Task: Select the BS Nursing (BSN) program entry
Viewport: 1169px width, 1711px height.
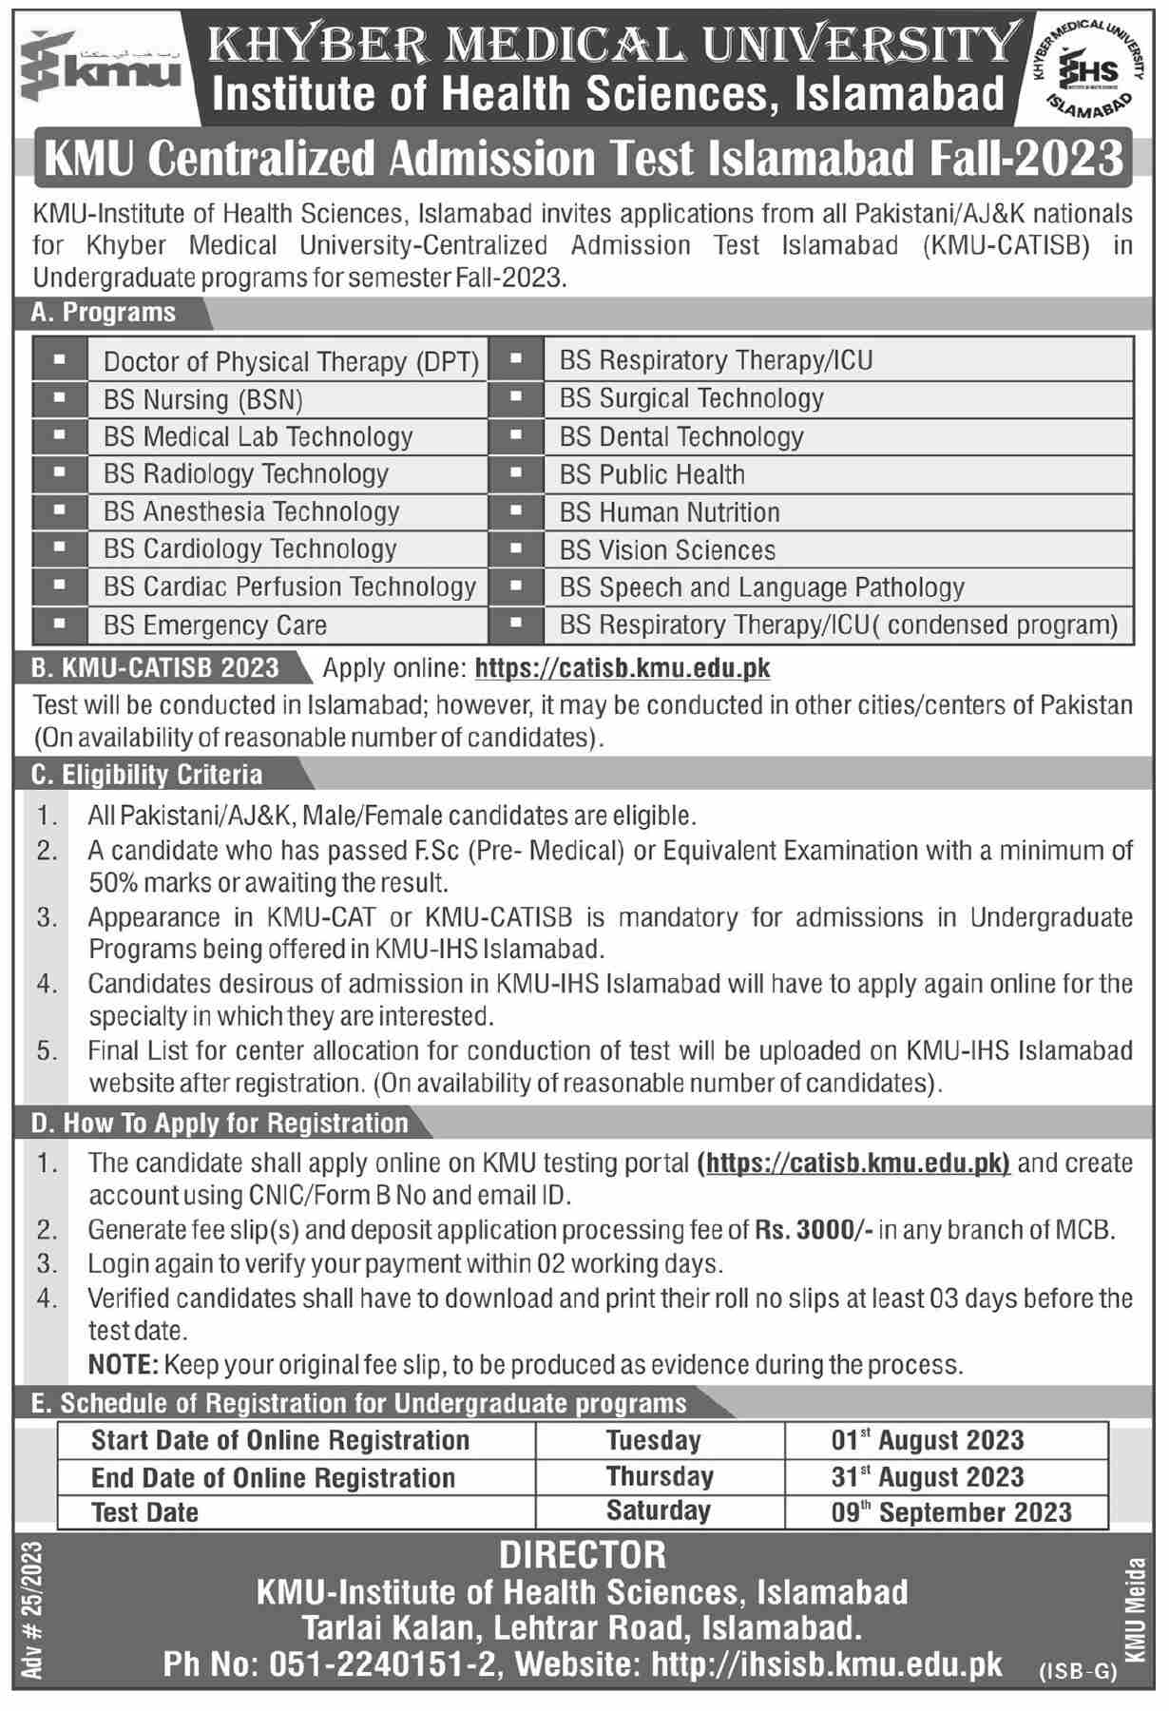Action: point(202,400)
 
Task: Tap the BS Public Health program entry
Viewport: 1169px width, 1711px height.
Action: point(652,474)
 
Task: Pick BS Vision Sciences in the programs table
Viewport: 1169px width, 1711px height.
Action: point(667,550)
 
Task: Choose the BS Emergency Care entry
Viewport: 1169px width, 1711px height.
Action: point(215,625)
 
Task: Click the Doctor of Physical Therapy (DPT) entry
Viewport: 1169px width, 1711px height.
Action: point(291,362)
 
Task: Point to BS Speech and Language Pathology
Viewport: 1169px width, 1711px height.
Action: point(761,587)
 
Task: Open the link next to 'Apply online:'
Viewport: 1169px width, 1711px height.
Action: point(623,669)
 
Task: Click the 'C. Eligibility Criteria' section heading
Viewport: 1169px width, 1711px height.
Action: point(147,775)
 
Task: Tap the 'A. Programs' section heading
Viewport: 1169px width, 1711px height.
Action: point(105,313)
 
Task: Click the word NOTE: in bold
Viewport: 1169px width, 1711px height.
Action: point(123,1365)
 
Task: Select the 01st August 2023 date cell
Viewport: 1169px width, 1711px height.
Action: point(928,1440)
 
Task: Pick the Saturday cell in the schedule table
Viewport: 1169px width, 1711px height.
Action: point(659,1511)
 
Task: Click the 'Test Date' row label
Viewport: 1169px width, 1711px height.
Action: point(145,1512)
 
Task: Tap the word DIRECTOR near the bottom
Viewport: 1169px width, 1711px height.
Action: point(583,1555)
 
